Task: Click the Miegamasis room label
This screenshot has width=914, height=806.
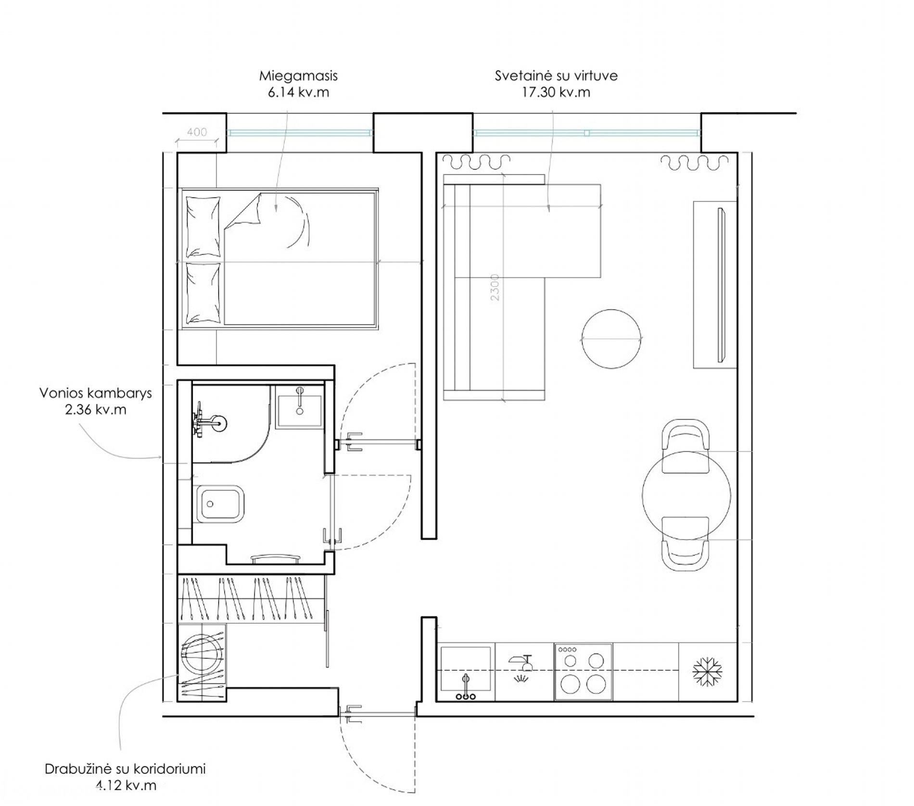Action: (x=298, y=76)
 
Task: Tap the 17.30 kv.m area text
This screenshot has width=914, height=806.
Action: (x=556, y=92)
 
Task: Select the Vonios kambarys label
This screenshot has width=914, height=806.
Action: (x=96, y=393)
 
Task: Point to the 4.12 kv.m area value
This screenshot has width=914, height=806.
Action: (x=126, y=786)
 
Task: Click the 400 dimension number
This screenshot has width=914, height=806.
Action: (x=197, y=132)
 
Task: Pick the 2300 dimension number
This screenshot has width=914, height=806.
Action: (x=495, y=287)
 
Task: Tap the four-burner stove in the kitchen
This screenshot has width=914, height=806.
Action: (x=583, y=672)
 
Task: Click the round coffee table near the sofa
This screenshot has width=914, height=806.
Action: (x=611, y=339)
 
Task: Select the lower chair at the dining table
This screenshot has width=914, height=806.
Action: (x=685, y=544)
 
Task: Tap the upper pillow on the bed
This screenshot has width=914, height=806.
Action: (x=203, y=227)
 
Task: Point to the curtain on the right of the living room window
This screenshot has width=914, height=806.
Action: (x=695, y=163)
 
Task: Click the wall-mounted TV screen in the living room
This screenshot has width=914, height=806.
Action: (x=721, y=285)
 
